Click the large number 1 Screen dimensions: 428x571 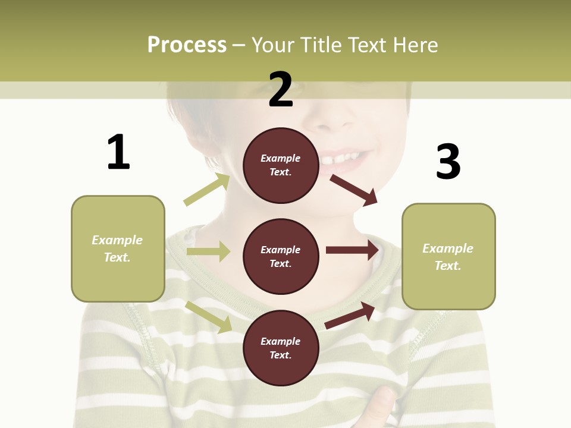(118, 152)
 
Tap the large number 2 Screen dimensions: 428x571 (281, 90)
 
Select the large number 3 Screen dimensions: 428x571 (448, 162)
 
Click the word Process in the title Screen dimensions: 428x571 (187, 45)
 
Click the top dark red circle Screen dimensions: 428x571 (281, 165)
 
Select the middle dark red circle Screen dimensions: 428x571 (281, 256)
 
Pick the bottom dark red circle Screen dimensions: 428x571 (281, 348)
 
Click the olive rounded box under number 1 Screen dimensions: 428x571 (118, 248)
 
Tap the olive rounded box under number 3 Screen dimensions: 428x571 (448, 256)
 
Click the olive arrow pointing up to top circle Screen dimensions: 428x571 (207, 190)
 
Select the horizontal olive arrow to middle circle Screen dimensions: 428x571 (208, 251)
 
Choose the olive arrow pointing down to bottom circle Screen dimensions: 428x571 (209, 317)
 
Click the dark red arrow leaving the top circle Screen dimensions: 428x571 (354, 190)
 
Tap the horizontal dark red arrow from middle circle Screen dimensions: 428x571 (352, 250)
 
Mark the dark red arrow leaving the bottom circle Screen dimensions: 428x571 (350, 316)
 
